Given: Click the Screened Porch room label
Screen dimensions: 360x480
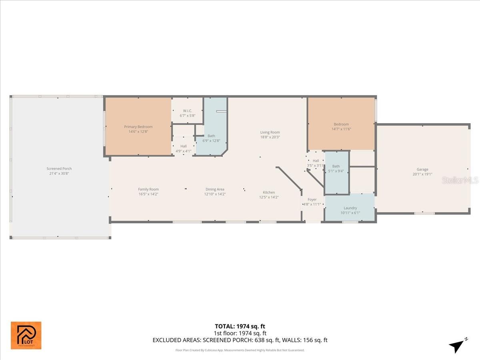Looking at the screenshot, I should [59, 169].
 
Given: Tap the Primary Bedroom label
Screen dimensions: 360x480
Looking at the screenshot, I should [138, 127].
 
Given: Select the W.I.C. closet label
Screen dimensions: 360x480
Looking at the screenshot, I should [188, 111].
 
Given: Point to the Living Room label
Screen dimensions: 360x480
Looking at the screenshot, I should [270, 132].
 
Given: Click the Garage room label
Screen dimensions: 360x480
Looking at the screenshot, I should [422, 170].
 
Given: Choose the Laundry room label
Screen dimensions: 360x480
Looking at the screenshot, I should [350, 208].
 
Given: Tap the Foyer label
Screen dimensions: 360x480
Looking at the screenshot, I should [312, 200].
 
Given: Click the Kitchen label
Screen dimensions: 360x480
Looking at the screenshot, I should [269, 192].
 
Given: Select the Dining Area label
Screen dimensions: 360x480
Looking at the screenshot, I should [215, 189].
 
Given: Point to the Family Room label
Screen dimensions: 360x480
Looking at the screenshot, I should [148, 189].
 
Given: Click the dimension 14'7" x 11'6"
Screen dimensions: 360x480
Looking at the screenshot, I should [341, 129].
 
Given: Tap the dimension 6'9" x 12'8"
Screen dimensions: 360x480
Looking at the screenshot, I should [211, 140].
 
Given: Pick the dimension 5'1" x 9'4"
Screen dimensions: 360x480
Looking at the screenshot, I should [336, 171].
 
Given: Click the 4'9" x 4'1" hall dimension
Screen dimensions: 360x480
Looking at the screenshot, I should [183, 151].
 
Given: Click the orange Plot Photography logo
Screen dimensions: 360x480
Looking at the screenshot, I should [26, 335].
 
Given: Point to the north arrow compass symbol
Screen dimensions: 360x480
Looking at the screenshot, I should [458, 345].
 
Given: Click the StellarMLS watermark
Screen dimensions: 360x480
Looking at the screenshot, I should [460, 181].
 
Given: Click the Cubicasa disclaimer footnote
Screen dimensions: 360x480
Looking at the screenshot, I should [240, 350].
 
